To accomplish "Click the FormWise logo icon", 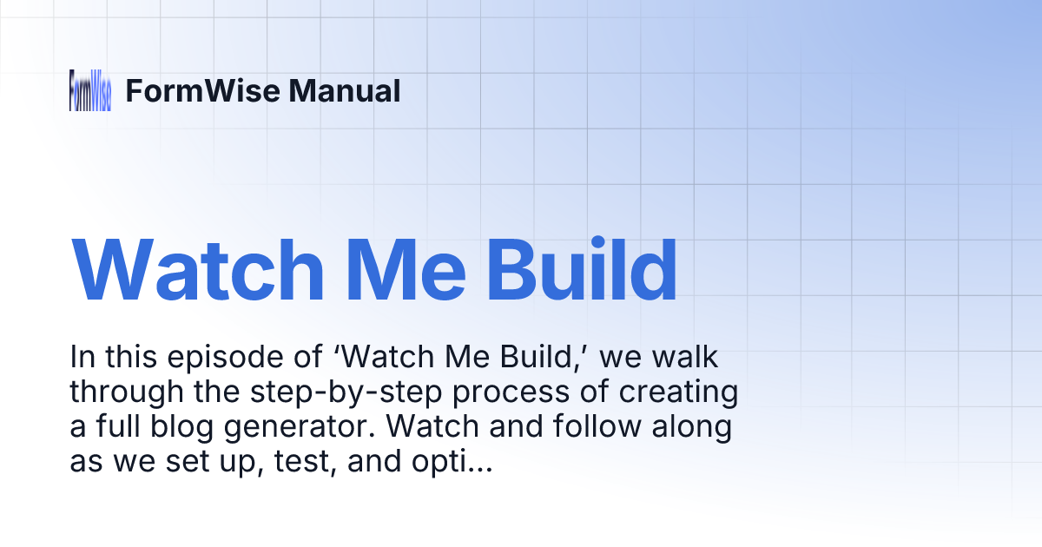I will (x=90, y=90).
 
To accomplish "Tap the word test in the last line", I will (x=268, y=463).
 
